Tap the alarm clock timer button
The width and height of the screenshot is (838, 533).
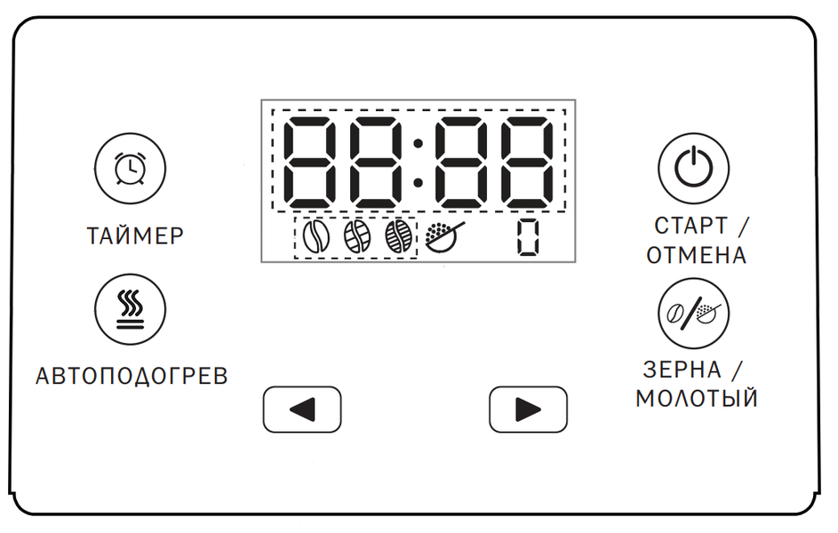[x=130, y=169]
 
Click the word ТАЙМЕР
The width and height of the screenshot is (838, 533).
[x=135, y=236]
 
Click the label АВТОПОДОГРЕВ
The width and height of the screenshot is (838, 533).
[x=132, y=376]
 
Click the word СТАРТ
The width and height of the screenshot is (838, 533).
[x=690, y=226]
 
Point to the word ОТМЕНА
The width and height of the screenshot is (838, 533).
[x=696, y=255]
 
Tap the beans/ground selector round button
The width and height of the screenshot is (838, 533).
[x=693, y=314]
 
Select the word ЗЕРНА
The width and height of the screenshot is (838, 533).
[x=682, y=370]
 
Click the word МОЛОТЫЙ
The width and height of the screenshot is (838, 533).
[x=697, y=398]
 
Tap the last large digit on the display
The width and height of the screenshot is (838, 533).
[x=529, y=163]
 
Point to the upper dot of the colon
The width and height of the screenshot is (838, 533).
[x=419, y=143]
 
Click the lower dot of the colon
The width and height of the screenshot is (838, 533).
[x=419, y=183]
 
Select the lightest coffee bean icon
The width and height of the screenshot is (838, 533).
[x=315, y=236]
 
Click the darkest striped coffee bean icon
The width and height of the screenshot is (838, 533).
[x=399, y=236]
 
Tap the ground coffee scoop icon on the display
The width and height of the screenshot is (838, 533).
[x=444, y=236]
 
